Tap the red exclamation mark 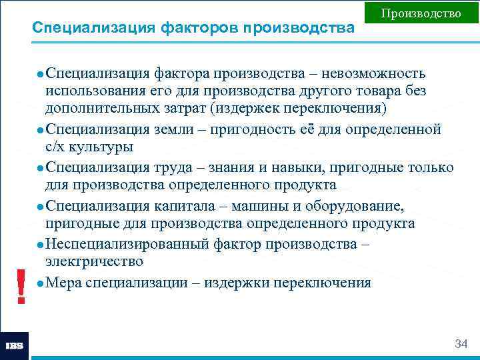22,287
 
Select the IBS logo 15,346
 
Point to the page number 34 461,344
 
